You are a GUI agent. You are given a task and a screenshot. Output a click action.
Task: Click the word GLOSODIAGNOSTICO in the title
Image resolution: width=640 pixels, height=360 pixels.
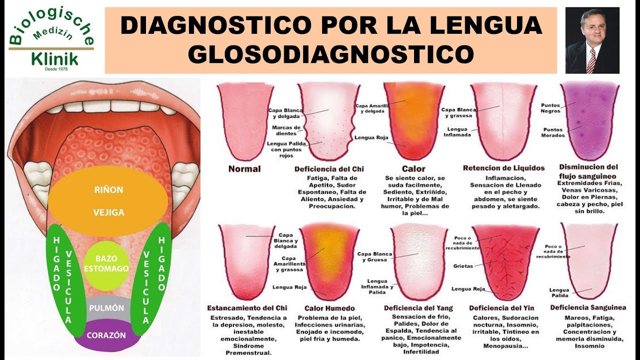[x=330, y=53]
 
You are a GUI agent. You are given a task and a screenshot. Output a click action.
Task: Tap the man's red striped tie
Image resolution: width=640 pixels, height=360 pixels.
[x=591, y=60]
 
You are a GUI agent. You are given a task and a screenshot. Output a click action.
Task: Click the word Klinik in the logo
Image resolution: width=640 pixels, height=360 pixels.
[x=54, y=59]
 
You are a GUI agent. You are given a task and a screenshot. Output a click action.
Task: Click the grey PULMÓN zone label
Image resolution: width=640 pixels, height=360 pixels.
[x=106, y=308]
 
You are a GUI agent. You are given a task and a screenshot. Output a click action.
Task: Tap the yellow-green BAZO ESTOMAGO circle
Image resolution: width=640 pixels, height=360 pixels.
[x=106, y=263]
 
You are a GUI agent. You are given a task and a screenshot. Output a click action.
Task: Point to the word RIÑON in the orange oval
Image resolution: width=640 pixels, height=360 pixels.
[x=108, y=190]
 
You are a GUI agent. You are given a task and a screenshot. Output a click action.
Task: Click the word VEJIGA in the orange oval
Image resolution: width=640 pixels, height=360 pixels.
[x=108, y=212]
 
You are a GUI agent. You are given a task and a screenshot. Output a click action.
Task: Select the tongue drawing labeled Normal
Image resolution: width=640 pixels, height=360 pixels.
[x=245, y=120]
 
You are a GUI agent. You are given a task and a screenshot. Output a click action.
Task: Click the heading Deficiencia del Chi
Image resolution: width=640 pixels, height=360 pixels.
[x=329, y=169]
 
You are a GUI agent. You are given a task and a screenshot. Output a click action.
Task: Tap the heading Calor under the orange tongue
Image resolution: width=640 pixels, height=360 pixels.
[x=413, y=169]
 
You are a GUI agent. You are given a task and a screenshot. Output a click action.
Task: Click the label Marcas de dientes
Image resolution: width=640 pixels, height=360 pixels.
[x=286, y=130]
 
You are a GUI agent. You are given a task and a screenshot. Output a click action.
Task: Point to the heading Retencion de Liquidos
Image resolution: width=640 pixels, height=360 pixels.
[x=503, y=168]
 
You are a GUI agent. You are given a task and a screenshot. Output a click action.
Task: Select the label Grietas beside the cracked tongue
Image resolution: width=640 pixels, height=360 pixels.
[x=463, y=266]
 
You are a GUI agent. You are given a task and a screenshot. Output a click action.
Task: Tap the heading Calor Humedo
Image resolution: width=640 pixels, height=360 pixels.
[x=329, y=308]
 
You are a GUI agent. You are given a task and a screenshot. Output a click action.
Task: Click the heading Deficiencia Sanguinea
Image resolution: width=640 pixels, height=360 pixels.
[x=588, y=307]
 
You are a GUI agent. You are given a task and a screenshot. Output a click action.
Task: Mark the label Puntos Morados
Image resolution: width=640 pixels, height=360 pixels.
[x=553, y=132]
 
